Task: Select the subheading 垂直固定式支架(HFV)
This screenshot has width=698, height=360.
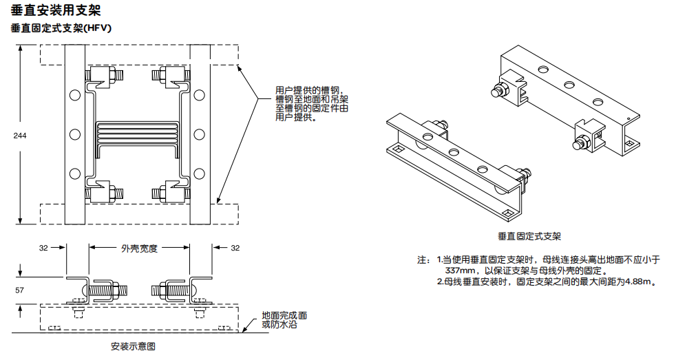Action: click(x=61, y=28)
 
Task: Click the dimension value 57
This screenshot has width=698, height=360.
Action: click(x=21, y=290)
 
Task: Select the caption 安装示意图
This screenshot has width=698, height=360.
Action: click(x=133, y=346)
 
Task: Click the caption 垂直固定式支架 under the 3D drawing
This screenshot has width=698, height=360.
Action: click(x=534, y=236)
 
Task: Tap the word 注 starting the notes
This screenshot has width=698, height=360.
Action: click(x=422, y=260)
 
